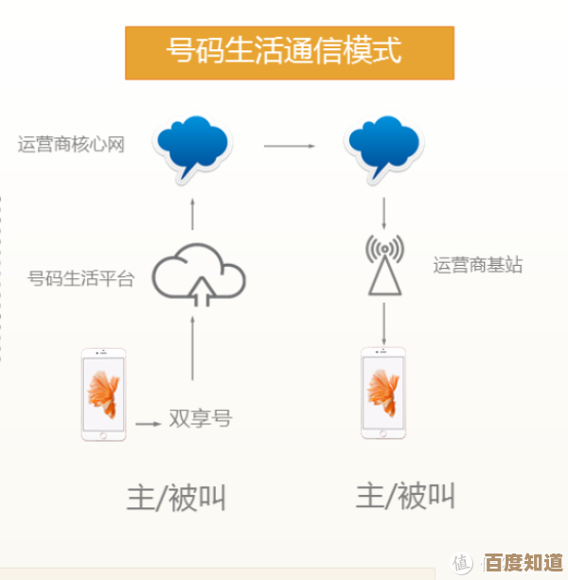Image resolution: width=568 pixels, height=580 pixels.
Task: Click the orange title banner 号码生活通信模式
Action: pos(290,52)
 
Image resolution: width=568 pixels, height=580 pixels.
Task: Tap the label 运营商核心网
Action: pos(72,144)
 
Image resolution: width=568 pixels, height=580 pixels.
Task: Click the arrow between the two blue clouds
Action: pos(289,146)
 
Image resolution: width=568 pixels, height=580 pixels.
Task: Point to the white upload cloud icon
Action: pos(199,275)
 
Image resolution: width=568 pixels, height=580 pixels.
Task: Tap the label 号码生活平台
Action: pos(81,278)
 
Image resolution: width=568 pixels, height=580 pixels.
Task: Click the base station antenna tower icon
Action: pos(384,266)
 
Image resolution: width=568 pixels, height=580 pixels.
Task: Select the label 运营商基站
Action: pos(478,265)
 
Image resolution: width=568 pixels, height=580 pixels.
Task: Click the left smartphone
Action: pos(103,395)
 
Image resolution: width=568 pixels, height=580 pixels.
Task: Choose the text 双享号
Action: pos(200,418)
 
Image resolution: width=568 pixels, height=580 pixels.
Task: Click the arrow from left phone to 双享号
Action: pos(148,422)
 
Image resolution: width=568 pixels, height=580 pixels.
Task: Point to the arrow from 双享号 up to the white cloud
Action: pos(195,363)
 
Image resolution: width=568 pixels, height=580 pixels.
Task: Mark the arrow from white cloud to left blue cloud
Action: pos(193,214)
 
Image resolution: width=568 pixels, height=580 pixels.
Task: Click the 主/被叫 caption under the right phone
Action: pos(406,495)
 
